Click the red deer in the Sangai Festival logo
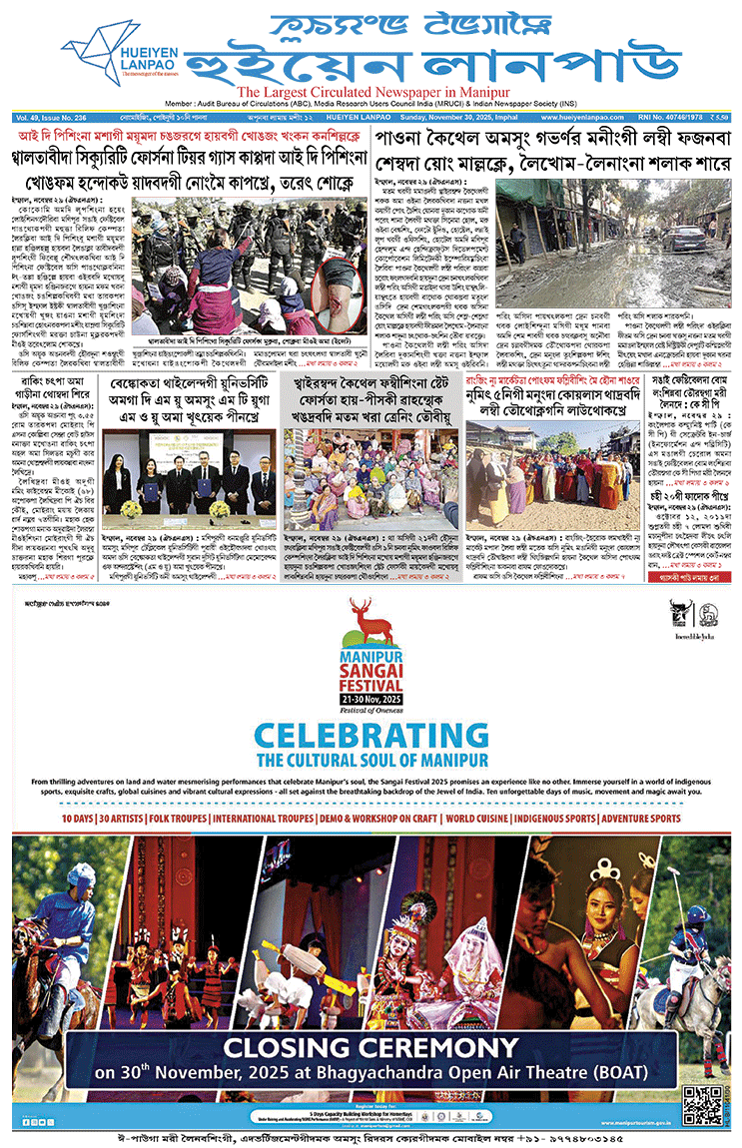point(373,616)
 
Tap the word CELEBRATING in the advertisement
point(371,737)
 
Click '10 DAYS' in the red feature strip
point(78,819)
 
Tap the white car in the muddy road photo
point(687,236)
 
